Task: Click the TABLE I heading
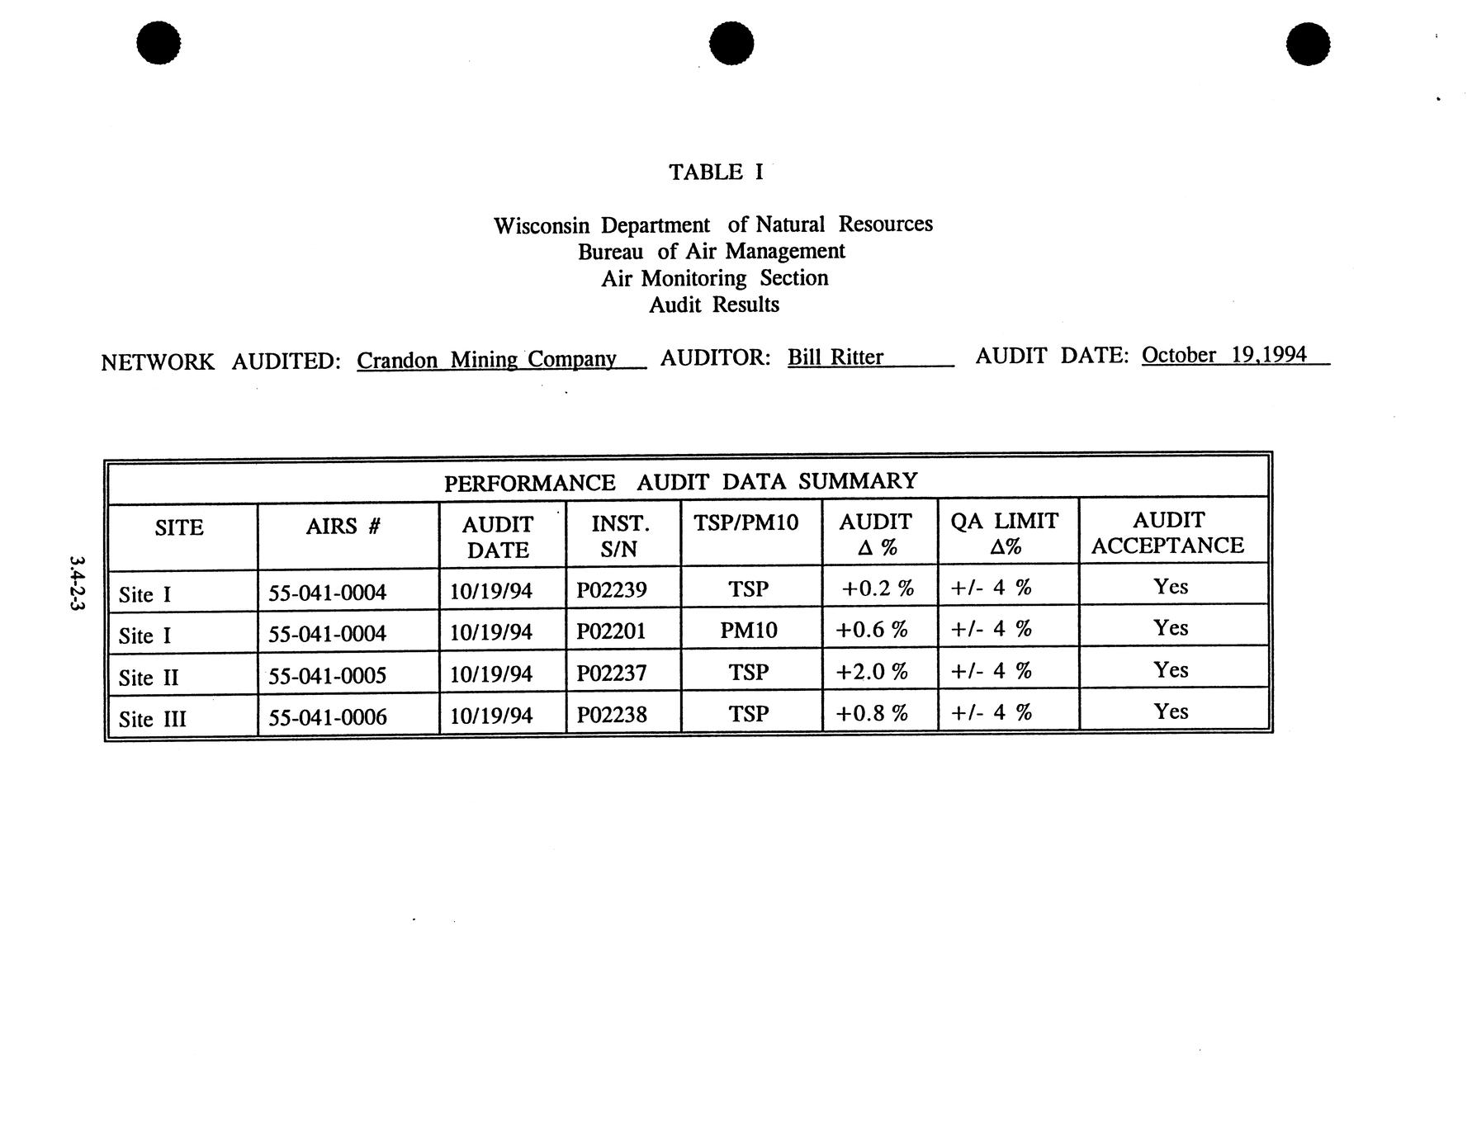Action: point(715,173)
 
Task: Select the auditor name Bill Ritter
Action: point(835,357)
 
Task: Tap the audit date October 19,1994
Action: point(1224,355)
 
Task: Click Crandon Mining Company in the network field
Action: point(486,360)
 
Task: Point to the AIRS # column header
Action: point(343,526)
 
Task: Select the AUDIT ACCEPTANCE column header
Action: point(1167,532)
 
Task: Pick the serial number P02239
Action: point(611,589)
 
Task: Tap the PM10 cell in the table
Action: point(748,631)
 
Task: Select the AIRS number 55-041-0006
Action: point(327,717)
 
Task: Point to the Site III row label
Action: point(152,719)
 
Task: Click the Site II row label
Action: point(148,678)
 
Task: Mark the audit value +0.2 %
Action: point(877,588)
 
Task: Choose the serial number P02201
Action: point(611,631)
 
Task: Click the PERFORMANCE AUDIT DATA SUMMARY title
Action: point(680,482)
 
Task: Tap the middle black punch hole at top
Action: point(731,43)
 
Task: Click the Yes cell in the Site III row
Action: point(1170,711)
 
